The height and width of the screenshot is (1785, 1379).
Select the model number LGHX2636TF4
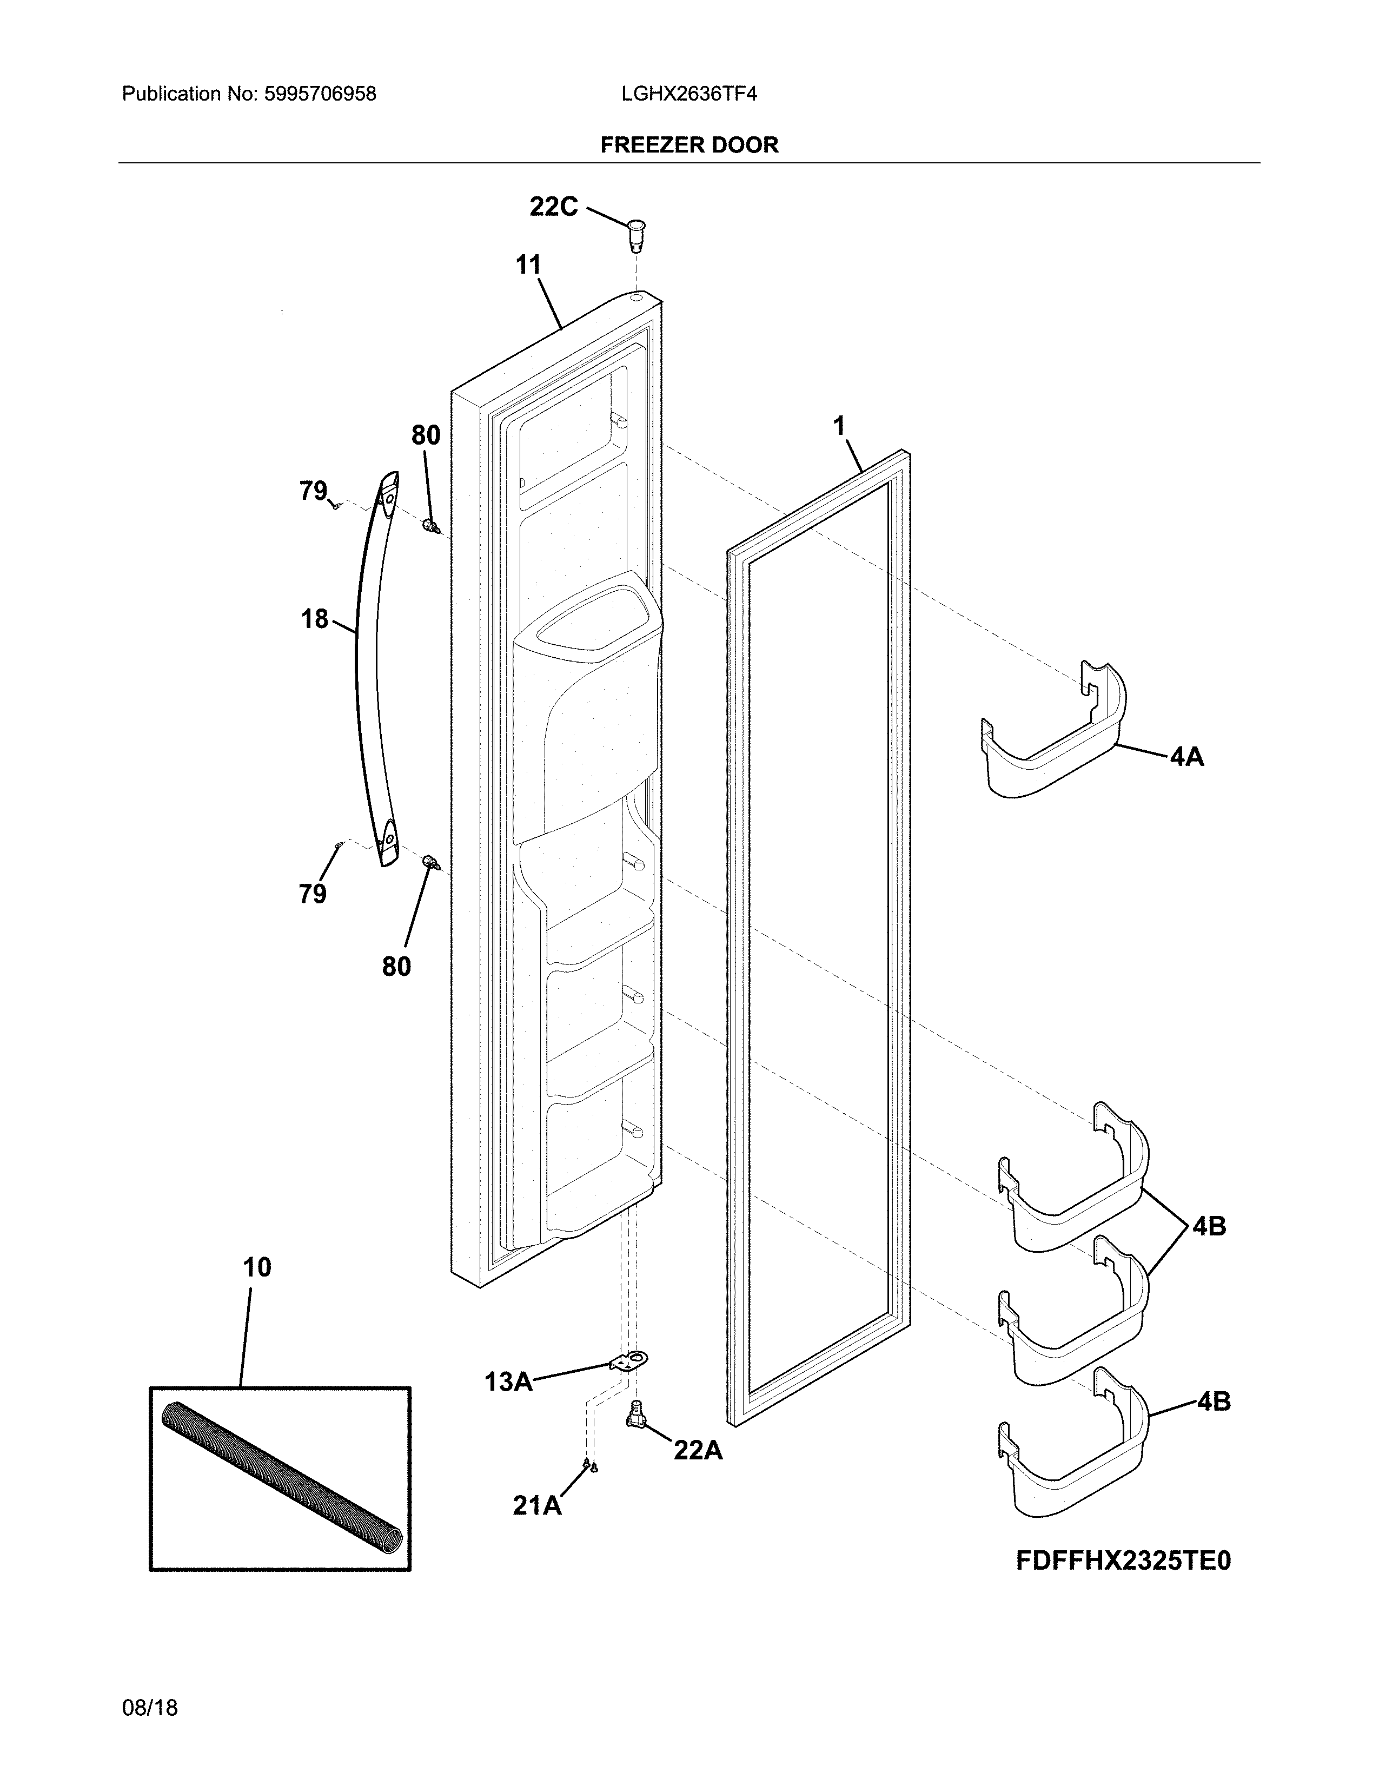pos(688,94)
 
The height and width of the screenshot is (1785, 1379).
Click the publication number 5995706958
pos(320,94)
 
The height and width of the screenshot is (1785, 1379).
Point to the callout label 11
pos(528,265)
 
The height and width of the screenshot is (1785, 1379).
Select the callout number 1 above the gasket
pos(839,426)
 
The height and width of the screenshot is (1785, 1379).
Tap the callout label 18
pos(315,619)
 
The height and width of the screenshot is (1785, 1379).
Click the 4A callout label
pos(1186,757)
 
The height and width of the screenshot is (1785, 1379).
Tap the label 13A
pos(508,1382)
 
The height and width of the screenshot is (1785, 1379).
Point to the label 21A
pos(537,1505)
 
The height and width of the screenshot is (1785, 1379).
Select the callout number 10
pos(256,1268)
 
